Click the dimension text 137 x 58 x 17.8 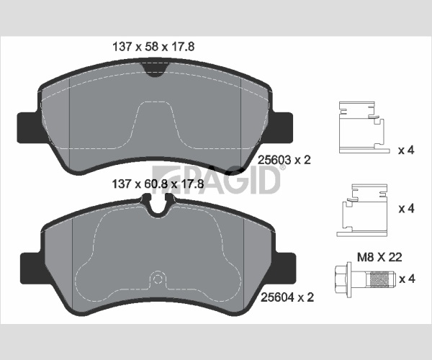(153, 47)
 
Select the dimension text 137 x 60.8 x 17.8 (158, 184)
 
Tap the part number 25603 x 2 (284, 160)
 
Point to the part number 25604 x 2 (287, 297)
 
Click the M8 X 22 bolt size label (379, 257)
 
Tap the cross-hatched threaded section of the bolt (380, 279)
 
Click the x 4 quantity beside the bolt (407, 279)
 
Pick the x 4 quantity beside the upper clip (406, 150)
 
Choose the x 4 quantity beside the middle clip (406, 209)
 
